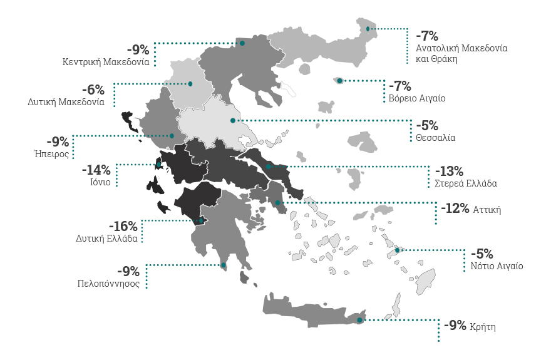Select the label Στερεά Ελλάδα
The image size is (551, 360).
tap(466, 183)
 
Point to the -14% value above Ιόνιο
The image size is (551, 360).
tap(96, 170)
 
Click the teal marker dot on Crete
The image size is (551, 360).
tap(359, 321)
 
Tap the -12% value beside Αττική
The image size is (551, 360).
tap(455, 208)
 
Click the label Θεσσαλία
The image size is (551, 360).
tap(435, 137)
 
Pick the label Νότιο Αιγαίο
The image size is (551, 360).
tap(497, 266)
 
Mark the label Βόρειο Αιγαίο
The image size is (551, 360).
tap(417, 98)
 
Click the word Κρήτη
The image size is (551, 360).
tap(483, 326)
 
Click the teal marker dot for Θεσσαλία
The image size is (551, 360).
tap(233, 120)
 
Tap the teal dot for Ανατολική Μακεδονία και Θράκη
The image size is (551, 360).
tap(368, 29)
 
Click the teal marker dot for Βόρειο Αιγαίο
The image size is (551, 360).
tap(339, 81)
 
